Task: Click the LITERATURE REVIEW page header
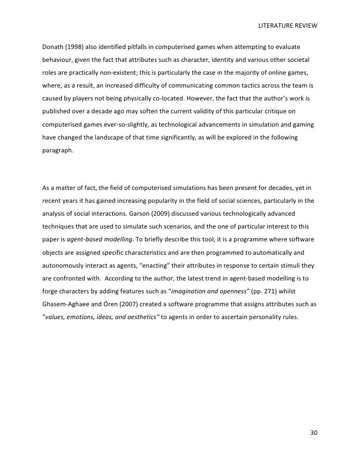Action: pyautogui.click(x=287, y=25)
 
